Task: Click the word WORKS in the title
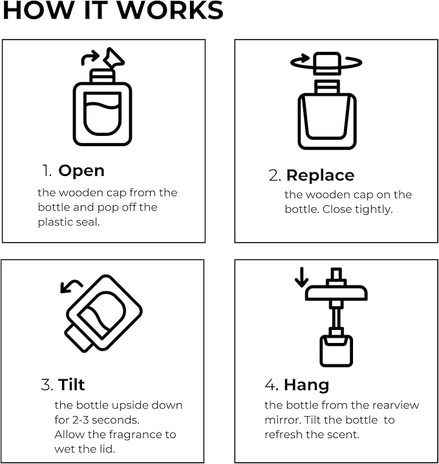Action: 170,10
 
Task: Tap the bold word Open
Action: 81,171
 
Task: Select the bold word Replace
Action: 320,175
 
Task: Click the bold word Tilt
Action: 71,384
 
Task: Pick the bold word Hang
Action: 306,385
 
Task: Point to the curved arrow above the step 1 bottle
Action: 90,58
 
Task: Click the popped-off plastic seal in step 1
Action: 114,58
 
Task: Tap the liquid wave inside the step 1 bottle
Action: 102,107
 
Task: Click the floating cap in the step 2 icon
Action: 327,63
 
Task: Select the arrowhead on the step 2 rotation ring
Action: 305,58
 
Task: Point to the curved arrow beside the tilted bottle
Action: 70,286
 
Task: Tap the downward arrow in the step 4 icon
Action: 301,277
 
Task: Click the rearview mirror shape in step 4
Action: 336,293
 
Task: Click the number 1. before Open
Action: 47,171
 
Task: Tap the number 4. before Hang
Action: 272,384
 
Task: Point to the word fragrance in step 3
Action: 135,435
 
